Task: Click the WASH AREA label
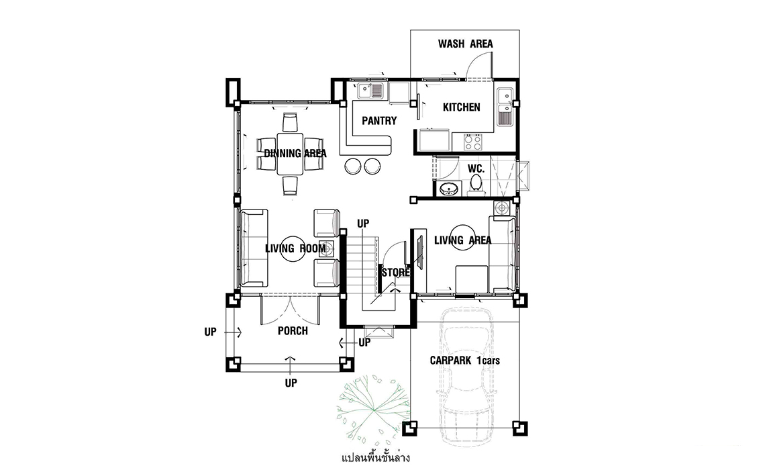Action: point(465,44)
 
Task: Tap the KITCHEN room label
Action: point(461,107)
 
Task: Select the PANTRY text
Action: point(379,121)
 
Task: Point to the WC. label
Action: point(476,169)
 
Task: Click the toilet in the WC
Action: point(476,185)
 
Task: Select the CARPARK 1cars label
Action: point(464,361)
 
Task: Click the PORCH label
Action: point(293,331)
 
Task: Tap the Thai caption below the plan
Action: point(376,458)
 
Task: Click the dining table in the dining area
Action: point(291,154)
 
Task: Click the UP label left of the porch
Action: point(210,332)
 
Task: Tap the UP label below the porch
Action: point(291,383)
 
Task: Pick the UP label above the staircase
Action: point(363,224)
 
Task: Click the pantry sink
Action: point(370,91)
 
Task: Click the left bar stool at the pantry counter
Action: point(352,166)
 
